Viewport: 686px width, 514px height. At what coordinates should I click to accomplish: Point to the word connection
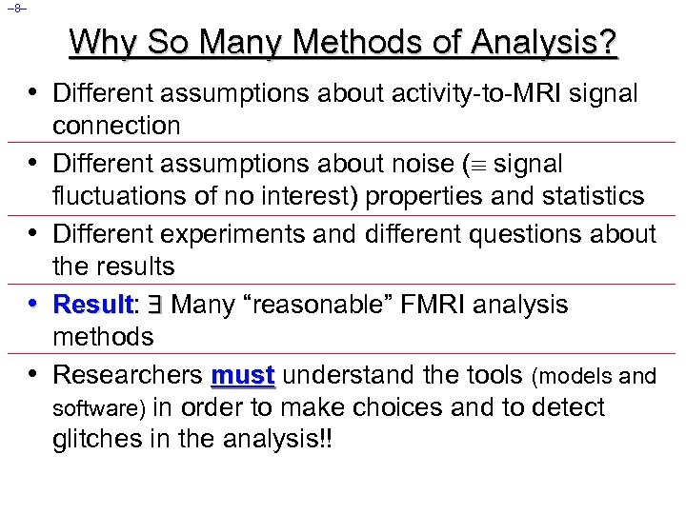[x=116, y=126]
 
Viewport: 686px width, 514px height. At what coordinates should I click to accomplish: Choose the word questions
[x=525, y=234]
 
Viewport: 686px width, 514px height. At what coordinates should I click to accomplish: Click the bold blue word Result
[x=91, y=305]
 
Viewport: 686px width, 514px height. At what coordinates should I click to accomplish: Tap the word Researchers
[x=127, y=375]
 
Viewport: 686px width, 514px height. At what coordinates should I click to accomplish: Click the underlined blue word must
[x=244, y=375]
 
